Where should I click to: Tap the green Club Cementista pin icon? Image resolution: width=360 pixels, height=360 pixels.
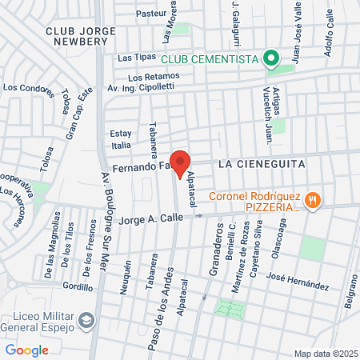[272, 58]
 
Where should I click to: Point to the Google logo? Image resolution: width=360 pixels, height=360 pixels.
[26, 350]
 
